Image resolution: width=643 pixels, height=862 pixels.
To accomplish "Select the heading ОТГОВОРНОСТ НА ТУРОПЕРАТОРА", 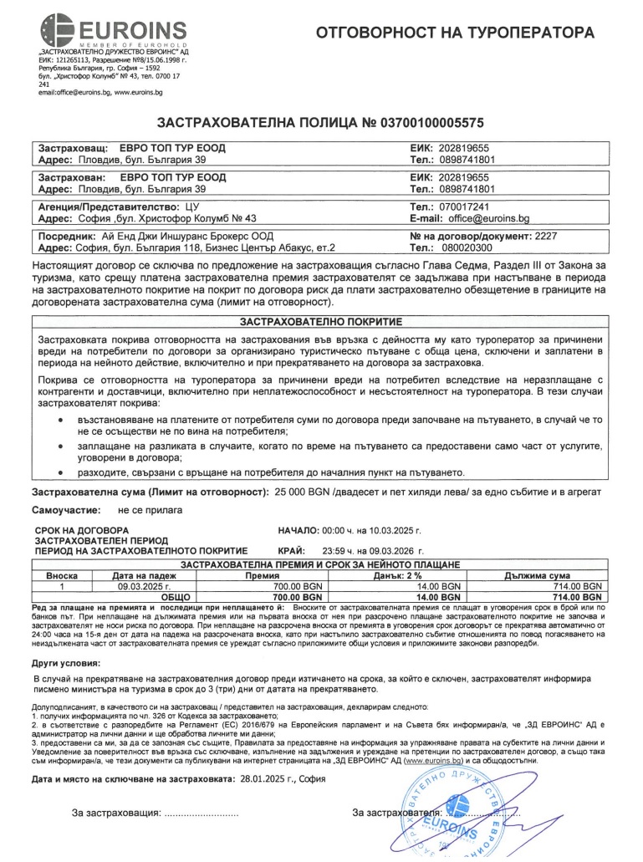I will (457, 33).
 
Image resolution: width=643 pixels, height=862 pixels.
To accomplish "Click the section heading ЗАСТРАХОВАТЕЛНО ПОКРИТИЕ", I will (321, 321).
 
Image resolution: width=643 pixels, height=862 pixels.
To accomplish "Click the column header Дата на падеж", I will (145, 576).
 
